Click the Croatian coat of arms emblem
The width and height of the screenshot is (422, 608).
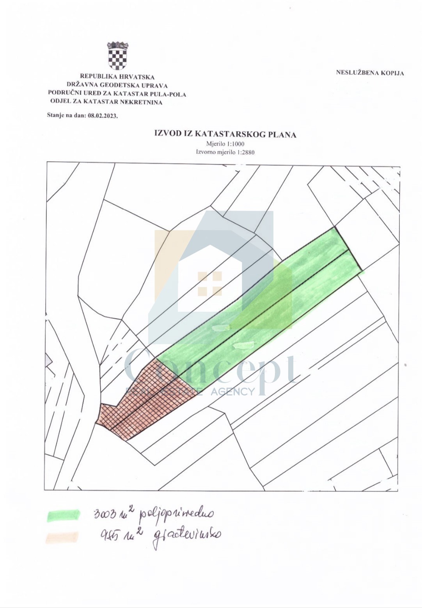[x=117, y=56]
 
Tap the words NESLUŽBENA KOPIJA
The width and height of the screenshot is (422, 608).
[x=370, y=73]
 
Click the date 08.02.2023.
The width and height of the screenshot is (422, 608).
[x=103, y=116]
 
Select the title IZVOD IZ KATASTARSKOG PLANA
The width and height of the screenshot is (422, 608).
[x=225, y=134]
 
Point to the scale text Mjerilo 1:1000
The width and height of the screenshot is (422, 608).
[x=225, y=144]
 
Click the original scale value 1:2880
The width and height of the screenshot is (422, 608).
[x=246, y=152]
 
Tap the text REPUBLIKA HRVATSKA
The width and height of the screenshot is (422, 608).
[x=117, y=77]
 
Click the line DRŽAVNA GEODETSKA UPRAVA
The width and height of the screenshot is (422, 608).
[x=117, y=85]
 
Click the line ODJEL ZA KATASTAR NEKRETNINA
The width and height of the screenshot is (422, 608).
[x=106, y=102]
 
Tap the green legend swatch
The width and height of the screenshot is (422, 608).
[x=63, y=515]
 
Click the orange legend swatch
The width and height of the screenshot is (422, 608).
[x=62, y=538]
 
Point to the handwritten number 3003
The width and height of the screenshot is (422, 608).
[x=105, y=514]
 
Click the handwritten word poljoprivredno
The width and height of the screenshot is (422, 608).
[x=176, y=515]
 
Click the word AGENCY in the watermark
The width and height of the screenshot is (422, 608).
[x=232, y=391]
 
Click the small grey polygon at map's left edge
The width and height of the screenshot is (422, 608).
[x=48, y=360]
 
